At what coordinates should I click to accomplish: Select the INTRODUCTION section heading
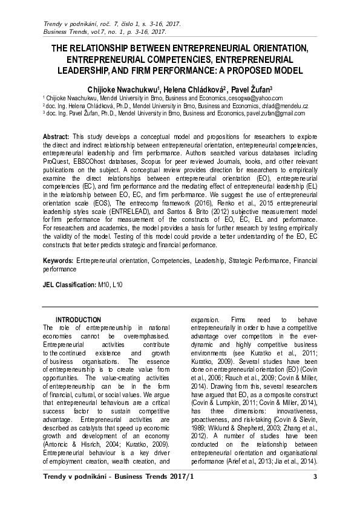tap(78, 319)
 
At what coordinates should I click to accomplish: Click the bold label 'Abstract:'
tap(56, 137)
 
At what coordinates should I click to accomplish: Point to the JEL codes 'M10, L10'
tap(109, 284)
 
